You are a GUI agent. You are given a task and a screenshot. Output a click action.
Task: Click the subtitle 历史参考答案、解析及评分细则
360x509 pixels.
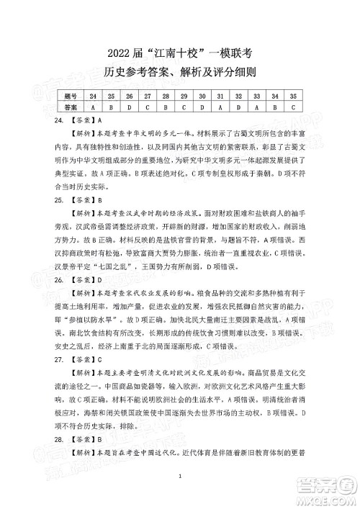pos(179,73)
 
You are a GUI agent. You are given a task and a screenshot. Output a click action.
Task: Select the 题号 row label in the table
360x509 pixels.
pos(71,95)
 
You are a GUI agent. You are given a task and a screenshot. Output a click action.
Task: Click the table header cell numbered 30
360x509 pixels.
pos(202,95)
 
